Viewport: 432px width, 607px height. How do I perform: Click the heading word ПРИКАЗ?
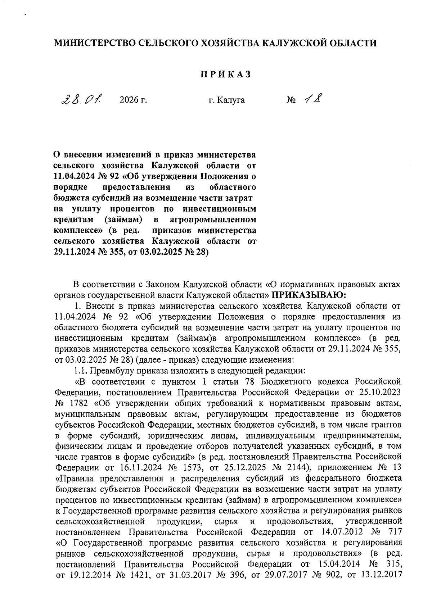225,74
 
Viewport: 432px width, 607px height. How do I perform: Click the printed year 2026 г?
133,100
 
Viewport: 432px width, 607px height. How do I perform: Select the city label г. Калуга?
226,100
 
